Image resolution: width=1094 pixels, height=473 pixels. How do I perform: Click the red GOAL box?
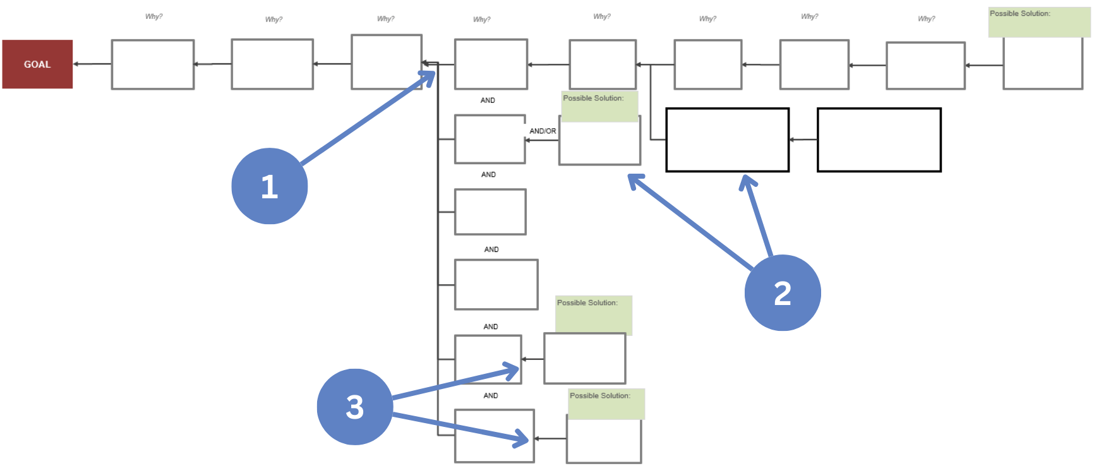(x=37, y=64)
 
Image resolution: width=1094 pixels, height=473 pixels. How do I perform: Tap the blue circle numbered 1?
(x=270, y=186)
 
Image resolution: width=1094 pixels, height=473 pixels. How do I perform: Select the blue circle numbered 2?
(x=783, y=293)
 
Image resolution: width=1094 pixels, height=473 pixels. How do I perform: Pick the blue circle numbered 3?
(x=354, y=407)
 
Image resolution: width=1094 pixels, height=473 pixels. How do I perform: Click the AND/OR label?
(x=543, y=131)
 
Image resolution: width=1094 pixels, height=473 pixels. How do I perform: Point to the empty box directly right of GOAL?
(x=153, y=64)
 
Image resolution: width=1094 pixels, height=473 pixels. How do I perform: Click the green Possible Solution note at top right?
(x=1039, y=22)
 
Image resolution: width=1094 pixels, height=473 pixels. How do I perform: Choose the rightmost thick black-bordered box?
(x=879, y=140)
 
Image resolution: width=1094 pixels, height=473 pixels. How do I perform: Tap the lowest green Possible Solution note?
(x=606, y=404)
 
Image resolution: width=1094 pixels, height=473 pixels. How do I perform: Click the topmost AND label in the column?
(x=488, y=100)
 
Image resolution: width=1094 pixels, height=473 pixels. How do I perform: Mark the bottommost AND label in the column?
(x=491, y=396)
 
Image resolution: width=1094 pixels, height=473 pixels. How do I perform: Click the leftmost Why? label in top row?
(x=153, y=16)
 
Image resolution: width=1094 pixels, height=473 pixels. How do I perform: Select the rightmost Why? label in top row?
(x=926, y=19)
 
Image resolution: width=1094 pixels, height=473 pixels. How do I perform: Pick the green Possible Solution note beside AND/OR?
(x=599, y=106)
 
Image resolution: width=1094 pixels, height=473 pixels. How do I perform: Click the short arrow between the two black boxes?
(x=803, y=140)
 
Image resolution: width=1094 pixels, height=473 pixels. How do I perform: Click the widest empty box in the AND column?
(x=496, y=285)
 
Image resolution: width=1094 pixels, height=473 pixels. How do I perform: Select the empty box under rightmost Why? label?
(x=925, y=66)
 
